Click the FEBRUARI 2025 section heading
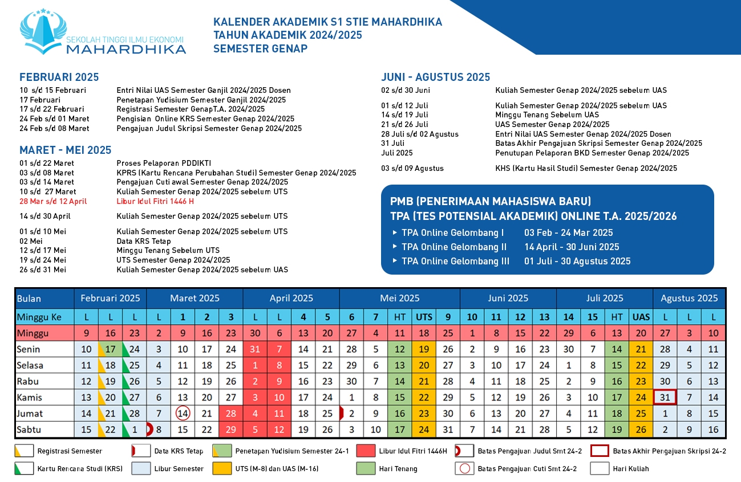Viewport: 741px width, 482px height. click(x=59, y=77)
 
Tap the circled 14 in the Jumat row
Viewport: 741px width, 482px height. click(x=183, y=413)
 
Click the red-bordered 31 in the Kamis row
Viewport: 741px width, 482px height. click(x=665, y=397)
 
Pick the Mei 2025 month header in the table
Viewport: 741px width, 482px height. click(x=399, y=298)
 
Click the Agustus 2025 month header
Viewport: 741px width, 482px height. click(x=689, y=298)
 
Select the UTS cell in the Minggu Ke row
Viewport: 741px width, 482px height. click(x=424, y=317)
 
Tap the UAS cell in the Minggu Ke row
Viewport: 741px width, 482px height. click(x=641, y=317)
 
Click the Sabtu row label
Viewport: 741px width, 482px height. click(x=30, y=429)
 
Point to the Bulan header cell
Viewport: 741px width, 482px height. click(x=29, y=299)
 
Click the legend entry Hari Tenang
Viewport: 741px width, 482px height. click(x=398, y=469)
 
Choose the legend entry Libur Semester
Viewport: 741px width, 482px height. click(x=179, y=469)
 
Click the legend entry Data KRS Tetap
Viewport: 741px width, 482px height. click(x=179, y=451)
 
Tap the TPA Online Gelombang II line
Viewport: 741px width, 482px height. click(x=454, y=247)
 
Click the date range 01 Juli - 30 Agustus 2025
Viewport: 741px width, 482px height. click(x=577, y=261)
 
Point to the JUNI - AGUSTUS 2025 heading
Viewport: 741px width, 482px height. click(x=435, y=77)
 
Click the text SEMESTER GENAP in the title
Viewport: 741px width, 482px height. click(x=260, y=48)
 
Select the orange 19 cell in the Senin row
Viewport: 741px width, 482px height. click(x=424, y=349)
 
